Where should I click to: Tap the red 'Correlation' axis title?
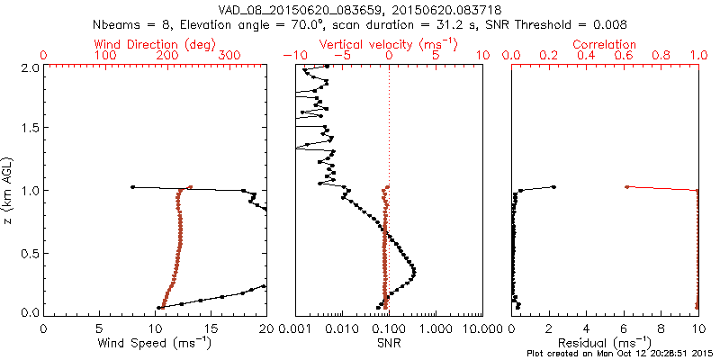[x=605, y=44]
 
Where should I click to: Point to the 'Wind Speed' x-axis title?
[x=155, y=342]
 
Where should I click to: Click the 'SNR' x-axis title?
[x=389, y=342]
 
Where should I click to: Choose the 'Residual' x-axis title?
[x=605, y=342]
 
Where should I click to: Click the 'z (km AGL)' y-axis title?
[x=9, y=189]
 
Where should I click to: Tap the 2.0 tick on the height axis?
[x=29, y=67]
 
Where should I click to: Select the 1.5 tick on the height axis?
[x=29, y=129]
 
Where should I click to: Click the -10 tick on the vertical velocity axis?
[x=291, y=56]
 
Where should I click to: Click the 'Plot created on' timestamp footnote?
[x=621, y=354]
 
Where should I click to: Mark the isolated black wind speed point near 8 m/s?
[x=133, y=187]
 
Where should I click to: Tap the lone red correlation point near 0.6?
[x=626, y=187]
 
